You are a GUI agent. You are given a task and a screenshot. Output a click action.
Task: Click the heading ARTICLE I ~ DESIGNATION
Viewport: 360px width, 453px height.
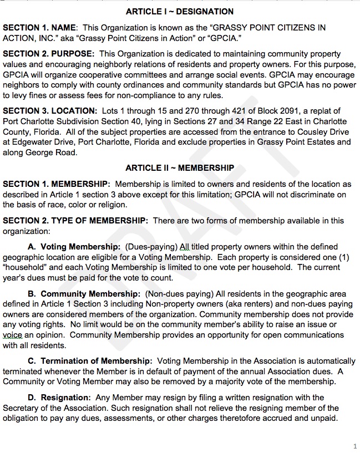[180, 11]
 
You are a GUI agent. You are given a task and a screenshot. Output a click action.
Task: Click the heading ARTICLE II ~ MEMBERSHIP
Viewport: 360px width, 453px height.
[180, 168]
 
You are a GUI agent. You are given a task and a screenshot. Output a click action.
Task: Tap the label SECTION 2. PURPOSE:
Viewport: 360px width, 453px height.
[49, 54]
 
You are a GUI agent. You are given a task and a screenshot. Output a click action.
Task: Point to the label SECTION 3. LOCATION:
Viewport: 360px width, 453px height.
[50, 111]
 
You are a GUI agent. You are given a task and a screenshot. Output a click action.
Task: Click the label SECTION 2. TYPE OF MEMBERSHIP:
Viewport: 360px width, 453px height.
[75, 220]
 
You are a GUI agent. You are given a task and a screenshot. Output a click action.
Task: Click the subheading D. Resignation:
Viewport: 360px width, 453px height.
[59, 398]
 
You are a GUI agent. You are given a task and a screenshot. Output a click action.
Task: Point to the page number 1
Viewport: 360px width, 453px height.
[354, 445]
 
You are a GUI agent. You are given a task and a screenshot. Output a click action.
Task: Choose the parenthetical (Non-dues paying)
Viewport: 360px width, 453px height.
[178, 293]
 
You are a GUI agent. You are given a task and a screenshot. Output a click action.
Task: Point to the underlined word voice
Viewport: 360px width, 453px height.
[12, 335]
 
